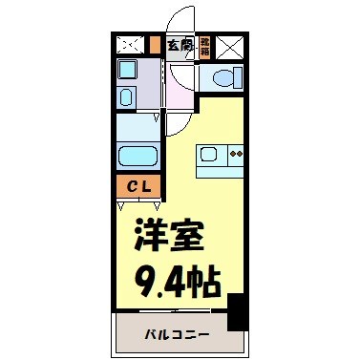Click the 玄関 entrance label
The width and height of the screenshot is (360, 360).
pos(179,44)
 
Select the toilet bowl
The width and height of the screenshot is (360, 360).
pos(221,79)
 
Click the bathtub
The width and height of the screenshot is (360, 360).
pos(138,158)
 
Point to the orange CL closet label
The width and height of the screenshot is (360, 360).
pos(138,187)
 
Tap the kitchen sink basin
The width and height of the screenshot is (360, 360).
pos(210,153)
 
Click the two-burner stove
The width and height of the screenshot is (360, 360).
pos(235,153)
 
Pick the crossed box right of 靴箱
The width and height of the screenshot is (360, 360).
pos(230,46)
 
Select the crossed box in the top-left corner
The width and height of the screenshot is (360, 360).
pos(128,45)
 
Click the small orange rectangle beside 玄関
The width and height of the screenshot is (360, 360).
pos(155,44)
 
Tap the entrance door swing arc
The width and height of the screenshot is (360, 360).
pos(178,19)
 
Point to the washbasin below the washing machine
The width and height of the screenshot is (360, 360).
pos(127,95)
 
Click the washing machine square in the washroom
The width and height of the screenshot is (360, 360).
pos(127,71)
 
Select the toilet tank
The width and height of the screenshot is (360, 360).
pos(235,79)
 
